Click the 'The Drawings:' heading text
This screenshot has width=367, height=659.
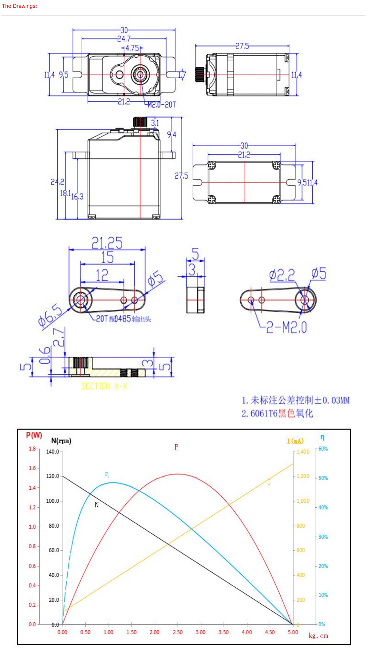coord(19,6)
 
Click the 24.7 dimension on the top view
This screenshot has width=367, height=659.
coord(124,39)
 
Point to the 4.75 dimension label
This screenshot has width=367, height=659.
coord(132,48)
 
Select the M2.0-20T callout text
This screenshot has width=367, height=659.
coord(162,105)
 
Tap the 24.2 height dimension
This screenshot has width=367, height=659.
coord(57,182)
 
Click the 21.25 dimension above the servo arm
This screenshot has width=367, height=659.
coord(107,243)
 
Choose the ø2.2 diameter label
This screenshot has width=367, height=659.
coord(282,276)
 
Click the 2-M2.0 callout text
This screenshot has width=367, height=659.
coord(286,328)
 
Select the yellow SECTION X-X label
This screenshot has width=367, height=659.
coord(104,386)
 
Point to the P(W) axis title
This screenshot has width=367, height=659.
coord(34,435)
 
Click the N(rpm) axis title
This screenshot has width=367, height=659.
coord(61,441)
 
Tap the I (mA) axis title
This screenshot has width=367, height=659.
coord(295,441)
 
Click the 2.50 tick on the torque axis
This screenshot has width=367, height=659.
coord(178,632)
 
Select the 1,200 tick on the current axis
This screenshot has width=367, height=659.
coord(303,476)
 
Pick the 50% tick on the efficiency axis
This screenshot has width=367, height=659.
coord(323,478)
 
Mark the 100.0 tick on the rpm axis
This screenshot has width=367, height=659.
coord(53,501)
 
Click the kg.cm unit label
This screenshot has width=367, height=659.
coord(318,636)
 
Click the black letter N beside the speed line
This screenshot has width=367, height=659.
coord(97,505)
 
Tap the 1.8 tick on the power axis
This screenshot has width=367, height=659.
coord(32,449)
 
